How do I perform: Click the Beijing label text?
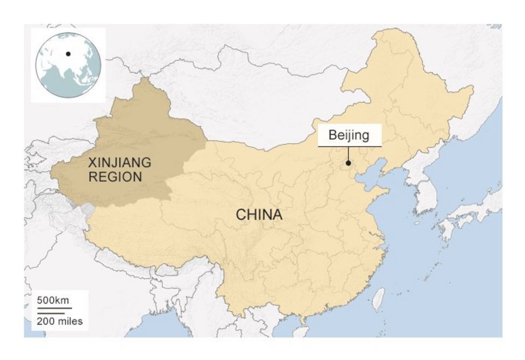click(349, 135)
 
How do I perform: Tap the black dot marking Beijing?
click(349, 163)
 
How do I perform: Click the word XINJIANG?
click(120, 162)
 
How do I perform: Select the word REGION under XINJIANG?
click(115, 176)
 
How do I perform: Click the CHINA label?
click(259, 215)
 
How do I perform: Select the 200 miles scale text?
click(60, 322)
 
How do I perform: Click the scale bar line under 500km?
click(54, 308)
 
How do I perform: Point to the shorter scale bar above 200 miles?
click(51, 313)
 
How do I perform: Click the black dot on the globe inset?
click(68, 53)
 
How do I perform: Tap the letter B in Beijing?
click(332, 135)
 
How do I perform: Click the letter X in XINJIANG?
click(92, 162)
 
